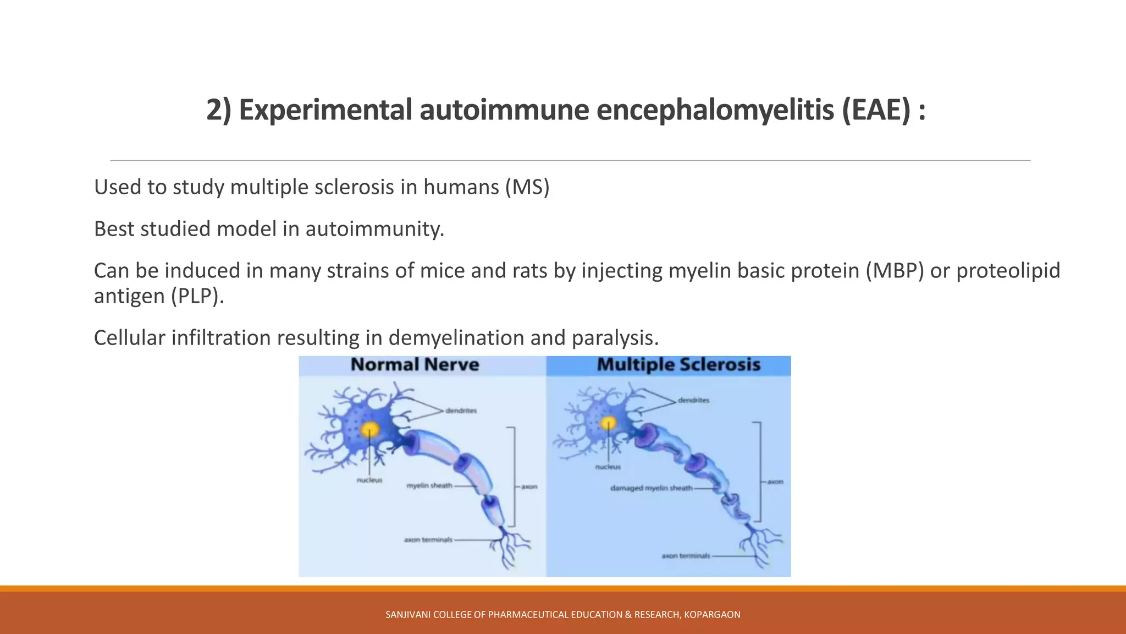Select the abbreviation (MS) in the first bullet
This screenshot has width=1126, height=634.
(527, 187)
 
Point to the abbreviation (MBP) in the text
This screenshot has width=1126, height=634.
(895, 271)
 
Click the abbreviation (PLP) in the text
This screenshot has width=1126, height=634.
(197, 296)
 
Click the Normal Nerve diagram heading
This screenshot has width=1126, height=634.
(415, 365)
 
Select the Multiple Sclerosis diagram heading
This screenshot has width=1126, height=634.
(678, 365)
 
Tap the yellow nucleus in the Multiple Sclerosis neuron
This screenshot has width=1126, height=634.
(608, 423)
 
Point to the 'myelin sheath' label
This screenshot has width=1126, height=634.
(429, 486)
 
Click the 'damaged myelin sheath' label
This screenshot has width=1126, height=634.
(652, 488)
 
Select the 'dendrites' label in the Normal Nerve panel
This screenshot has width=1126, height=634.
(461, 411)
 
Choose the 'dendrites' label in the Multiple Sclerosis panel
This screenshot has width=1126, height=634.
(693, 400)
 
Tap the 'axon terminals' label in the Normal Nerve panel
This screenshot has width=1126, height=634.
(428, 540)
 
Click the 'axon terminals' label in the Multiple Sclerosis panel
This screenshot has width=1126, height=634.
(686, 556)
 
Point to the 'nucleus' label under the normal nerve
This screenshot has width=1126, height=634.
(369, 480)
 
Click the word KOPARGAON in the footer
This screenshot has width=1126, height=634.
(712, 615)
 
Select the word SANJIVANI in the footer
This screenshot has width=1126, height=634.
(408, 615)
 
